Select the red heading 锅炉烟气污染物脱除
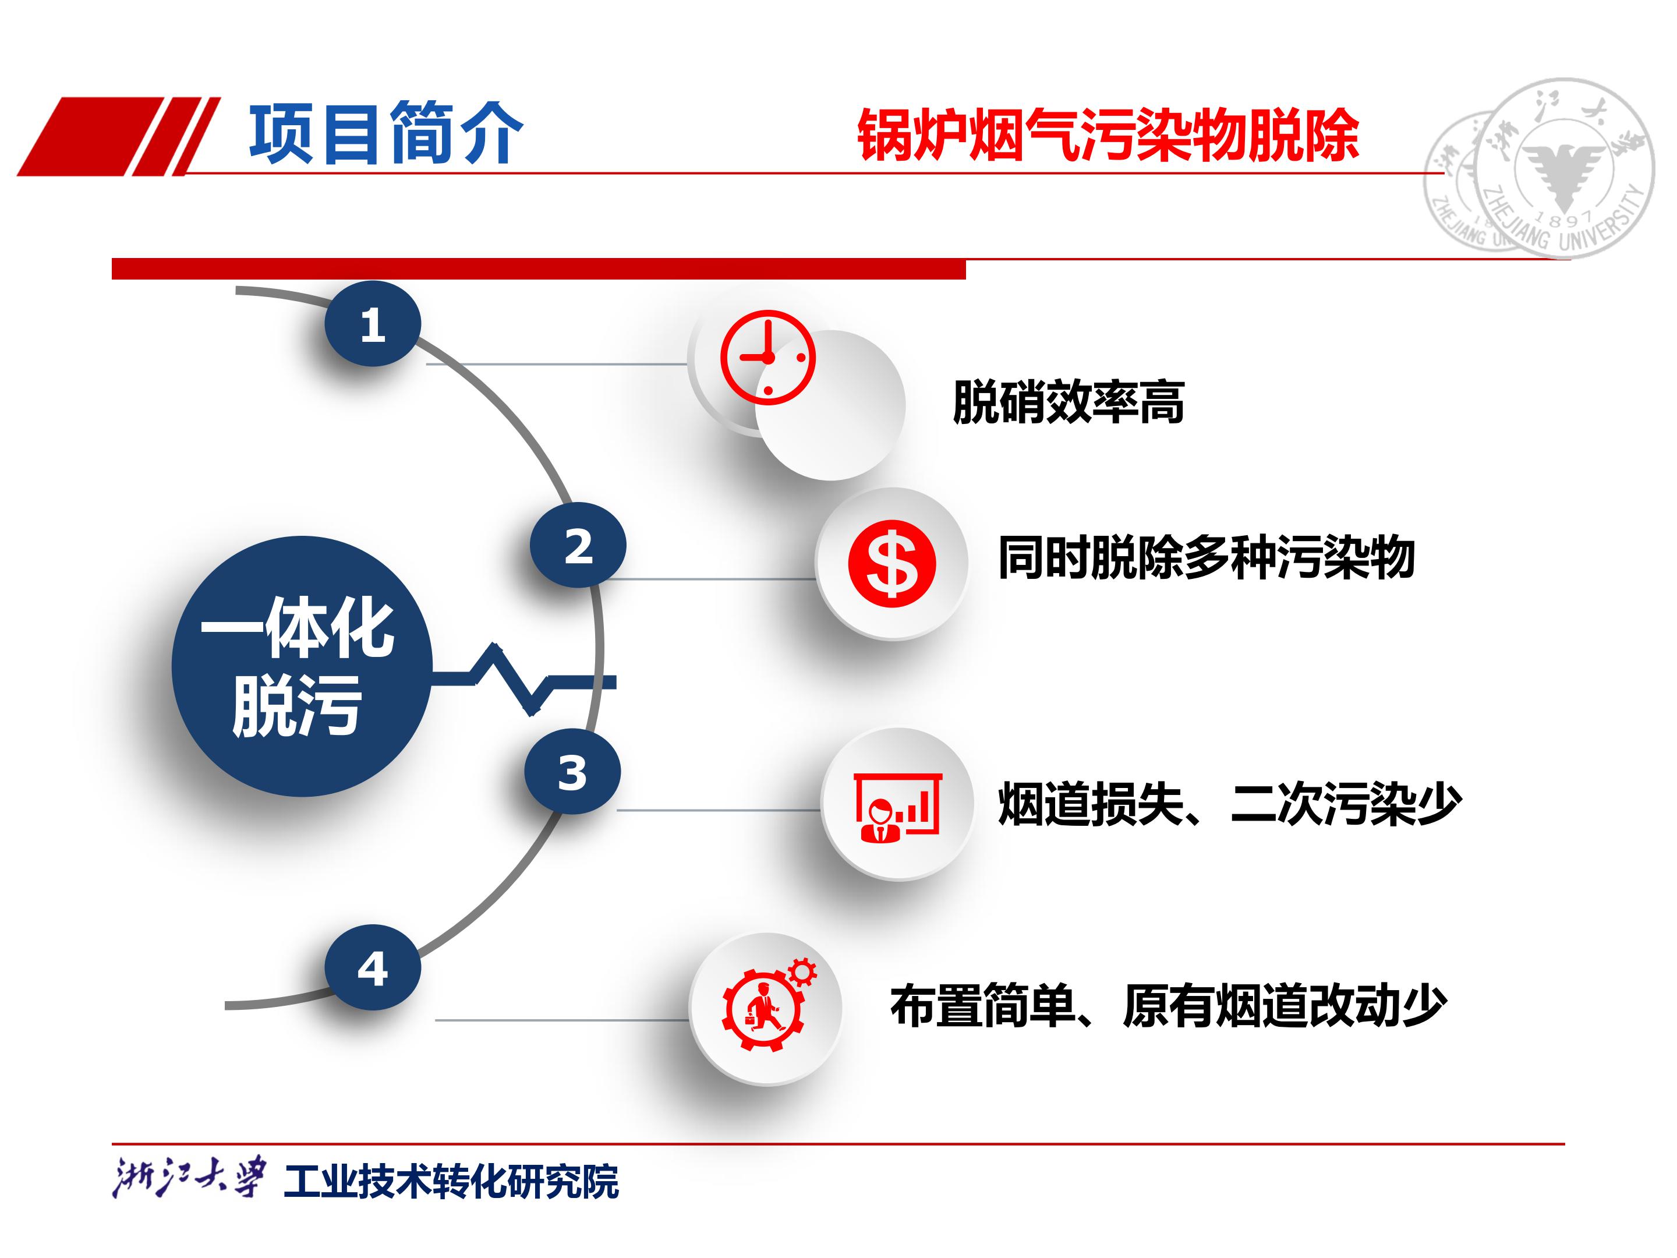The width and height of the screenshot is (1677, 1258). (x=1108, y=136)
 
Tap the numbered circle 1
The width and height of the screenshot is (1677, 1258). (x=372, y=324)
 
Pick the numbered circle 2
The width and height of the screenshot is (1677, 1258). (x=578, y=545)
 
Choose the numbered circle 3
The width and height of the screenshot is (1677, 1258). (x=572, y=772)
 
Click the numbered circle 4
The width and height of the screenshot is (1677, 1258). (x=372, y=967)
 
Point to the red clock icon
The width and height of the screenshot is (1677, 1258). (x=767, y=357)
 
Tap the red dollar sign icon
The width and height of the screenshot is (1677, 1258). (x=891, y=563)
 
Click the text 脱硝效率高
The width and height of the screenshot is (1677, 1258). (x=1069, y=402)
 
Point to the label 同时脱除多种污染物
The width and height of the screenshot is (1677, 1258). (x=1206, y=557)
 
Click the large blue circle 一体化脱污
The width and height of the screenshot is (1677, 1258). (x=302, y=666)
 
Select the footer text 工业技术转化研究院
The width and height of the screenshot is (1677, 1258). (x=451, y=1181)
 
